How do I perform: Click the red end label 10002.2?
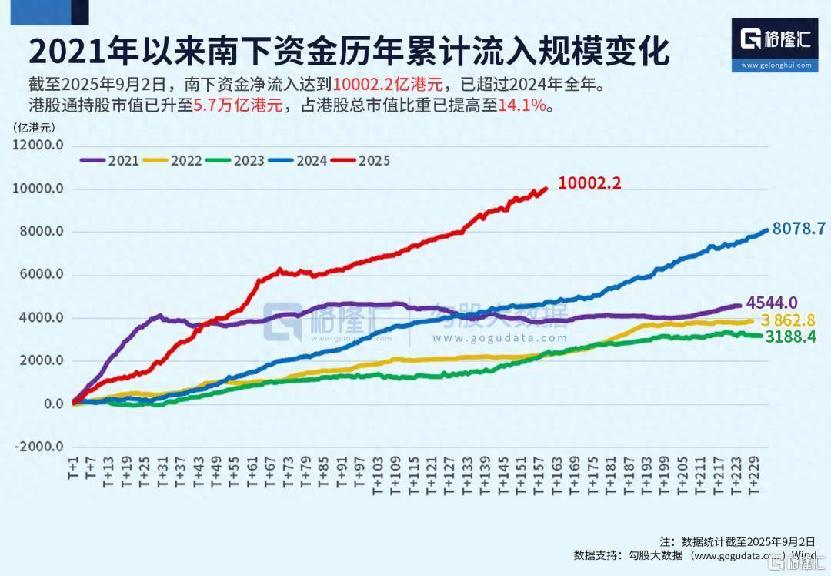(589, 183)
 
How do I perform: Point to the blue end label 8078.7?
(799, 228)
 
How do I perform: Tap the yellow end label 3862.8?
(787, 320)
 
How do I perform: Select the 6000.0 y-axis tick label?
(39, 276)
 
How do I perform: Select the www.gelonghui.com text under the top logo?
(776, 65)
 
